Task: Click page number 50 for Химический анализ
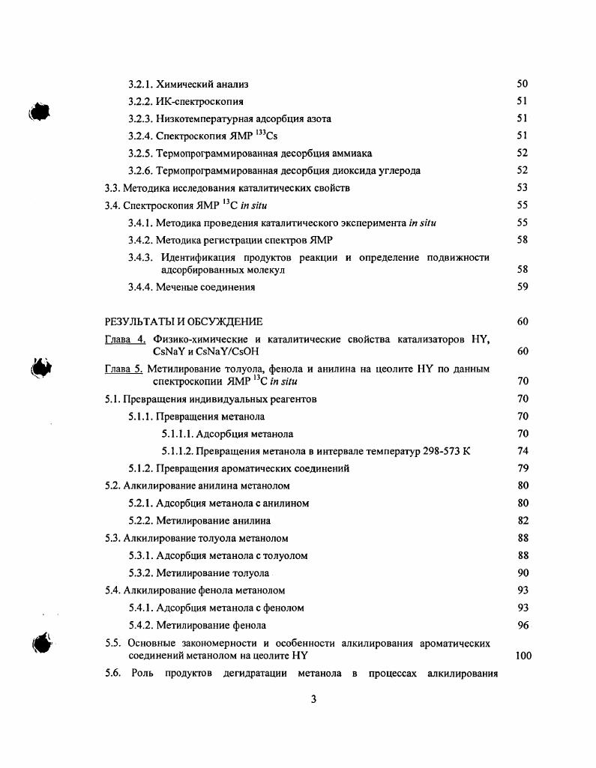pyautogui.click(x=523, y=84)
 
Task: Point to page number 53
pyautogui.click(x=523, y=187)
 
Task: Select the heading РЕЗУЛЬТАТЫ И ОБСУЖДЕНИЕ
pyautogui.click(x=184, y=321)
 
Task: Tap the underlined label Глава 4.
pyautogui.click(x=125, y=339)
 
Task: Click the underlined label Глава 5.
pyautogui.click(x=124, y=369)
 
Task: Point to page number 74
pyautogui.click(x=523, y=450)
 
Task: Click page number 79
pyautogui.click(x=523, y=468)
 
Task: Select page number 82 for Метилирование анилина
pyautogui.click(x=523, y=520)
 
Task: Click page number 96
pyautogui.click(x=523, y=624)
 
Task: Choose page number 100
pyautogui.click(x=523, y=655)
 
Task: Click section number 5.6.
pyautogui.click(x=113, y=672)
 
